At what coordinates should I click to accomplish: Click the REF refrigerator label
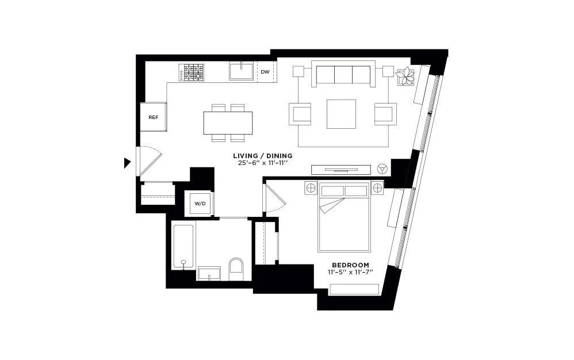(154, 117)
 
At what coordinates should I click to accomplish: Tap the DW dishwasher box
(265, 72)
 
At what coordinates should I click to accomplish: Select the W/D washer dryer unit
(200, 204)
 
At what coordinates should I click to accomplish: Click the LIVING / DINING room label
(262, 156)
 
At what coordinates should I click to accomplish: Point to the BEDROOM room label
(350, 265)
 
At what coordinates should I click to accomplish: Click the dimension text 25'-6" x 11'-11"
(262, 163)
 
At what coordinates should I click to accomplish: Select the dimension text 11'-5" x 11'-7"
(350, 272)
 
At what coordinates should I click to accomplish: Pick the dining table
(228, 122)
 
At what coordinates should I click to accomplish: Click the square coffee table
(341, 114)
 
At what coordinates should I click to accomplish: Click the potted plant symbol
(406, 75)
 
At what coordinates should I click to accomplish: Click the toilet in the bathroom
(236, 269)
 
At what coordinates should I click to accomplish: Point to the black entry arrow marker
(127, 163)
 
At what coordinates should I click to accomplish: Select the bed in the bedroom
(343, 217)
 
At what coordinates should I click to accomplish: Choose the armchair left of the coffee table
(301, 114)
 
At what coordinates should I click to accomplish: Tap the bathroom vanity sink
(210, 274)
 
